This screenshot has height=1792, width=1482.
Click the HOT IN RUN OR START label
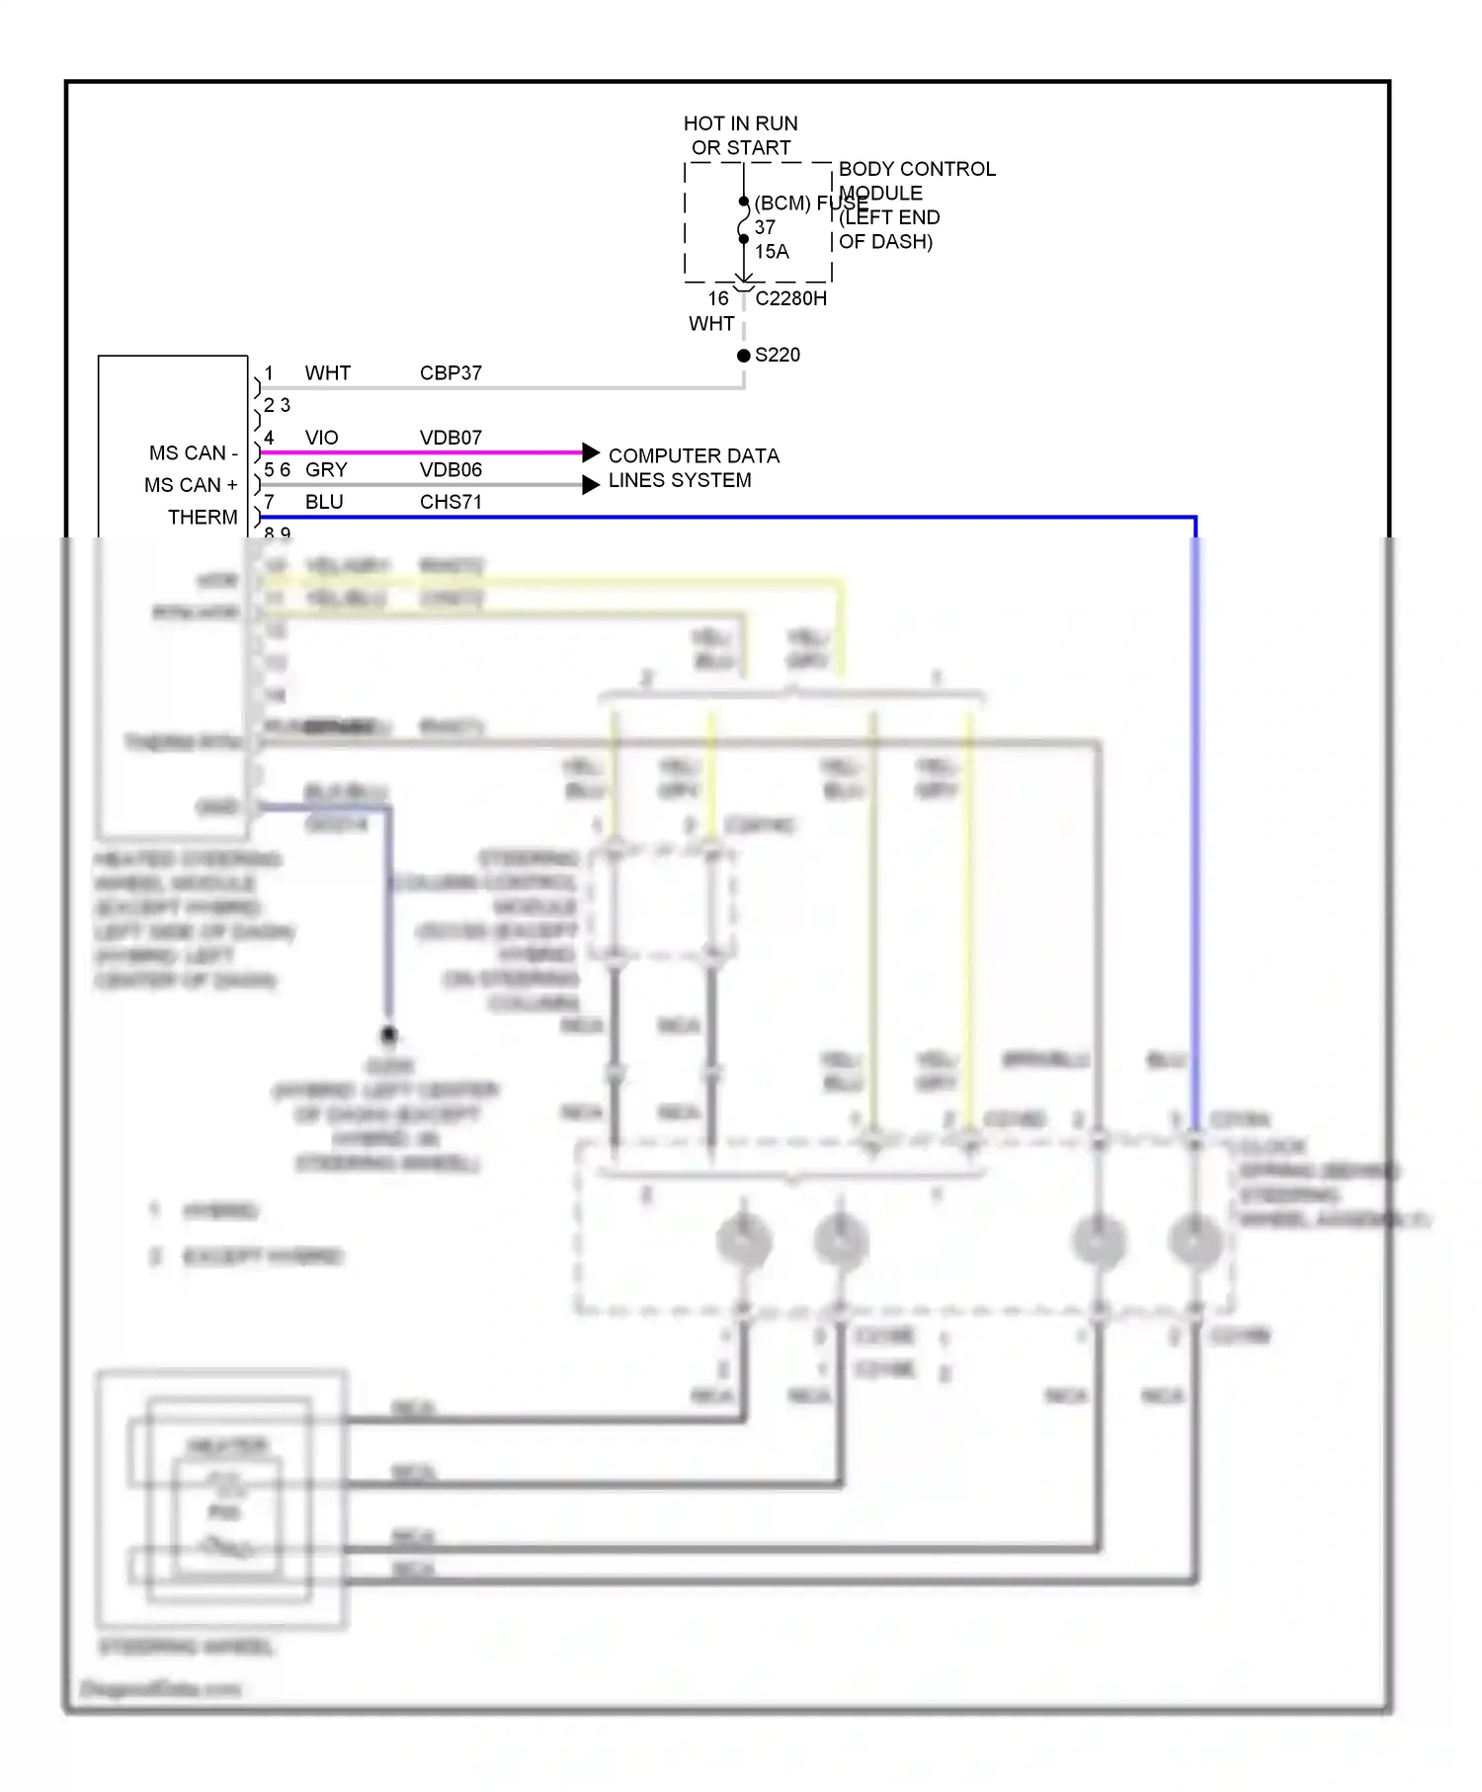[x=740, y=135]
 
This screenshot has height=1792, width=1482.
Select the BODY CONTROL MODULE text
[x=916, y=181]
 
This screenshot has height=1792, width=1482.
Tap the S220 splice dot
[x=744, y=356]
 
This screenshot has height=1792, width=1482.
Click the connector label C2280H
[x=790, y=298]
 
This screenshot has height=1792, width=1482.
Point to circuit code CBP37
[x=451, y=373]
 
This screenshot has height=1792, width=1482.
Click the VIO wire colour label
[x=321, y=438]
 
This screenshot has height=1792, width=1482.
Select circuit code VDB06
[x=451, y=470]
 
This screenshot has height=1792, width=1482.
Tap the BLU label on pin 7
[x=324, y=502]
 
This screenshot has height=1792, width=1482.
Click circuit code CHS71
[x=451, y=502]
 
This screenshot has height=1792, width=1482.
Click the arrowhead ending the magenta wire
[x=591, y=452]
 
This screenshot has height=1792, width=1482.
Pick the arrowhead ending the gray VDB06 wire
[x=591, y=484]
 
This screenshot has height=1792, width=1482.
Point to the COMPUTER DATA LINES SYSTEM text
[x=693, y=468]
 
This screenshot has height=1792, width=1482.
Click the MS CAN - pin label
[x=194, y=453]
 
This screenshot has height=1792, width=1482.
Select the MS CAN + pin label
[x=191, y=485]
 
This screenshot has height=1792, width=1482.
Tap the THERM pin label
[x=203, y=518]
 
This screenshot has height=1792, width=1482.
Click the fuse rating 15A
[x=772, y=252]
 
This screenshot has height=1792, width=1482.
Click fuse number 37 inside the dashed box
[x=765, y=227]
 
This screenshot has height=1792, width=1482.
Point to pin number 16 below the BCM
[x=718, y=298]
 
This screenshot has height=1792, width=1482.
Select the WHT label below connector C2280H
[x=711, y=324]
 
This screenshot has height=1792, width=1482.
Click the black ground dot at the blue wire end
[x=389, y=1035]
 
